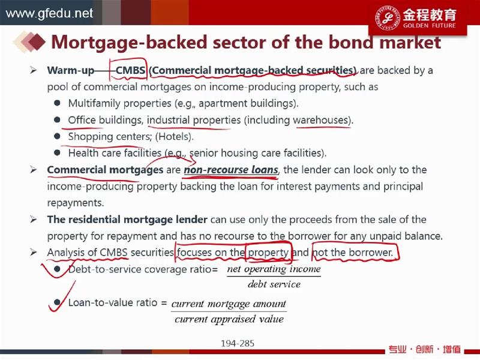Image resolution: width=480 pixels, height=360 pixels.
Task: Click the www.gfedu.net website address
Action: (49, 13)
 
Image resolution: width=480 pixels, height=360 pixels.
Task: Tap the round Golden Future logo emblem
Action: (387, 17)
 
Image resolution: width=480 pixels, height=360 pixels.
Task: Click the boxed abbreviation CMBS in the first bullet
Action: (130, 70)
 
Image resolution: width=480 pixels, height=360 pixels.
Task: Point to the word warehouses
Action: (321, 120)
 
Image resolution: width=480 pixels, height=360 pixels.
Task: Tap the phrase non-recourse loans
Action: (231, 170)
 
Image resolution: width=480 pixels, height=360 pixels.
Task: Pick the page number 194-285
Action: (238, 343)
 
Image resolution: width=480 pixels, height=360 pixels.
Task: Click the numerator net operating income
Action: (274, 269)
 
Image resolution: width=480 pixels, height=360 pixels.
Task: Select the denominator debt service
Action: (274, 284)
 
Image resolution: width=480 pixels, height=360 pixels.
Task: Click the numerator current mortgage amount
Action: (229, 304)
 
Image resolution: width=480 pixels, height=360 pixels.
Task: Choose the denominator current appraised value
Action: (229, 319)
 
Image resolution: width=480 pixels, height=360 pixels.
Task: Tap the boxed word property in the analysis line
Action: (268, 253)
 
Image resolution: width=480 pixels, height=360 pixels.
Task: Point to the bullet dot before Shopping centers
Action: (57, 136)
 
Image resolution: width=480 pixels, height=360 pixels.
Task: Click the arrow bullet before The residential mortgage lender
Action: (34, 219)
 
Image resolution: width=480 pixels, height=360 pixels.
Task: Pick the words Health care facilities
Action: (115, 153)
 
